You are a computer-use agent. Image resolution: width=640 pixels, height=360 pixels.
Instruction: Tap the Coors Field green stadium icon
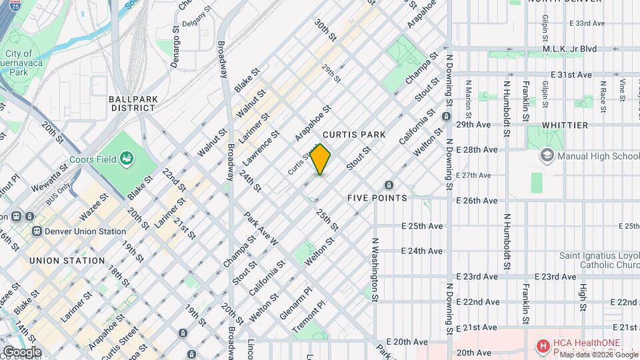click(x=125, y=159)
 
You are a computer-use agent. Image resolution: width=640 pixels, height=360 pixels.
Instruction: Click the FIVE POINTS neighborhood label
click(x=377, y=198)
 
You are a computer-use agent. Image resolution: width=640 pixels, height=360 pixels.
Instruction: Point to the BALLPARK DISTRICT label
click(x=133, y=103)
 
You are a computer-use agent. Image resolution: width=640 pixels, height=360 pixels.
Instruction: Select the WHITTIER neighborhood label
click(x=565, y=125)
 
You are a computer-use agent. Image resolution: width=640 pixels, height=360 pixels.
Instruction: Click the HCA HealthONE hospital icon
click(x=543, y=346)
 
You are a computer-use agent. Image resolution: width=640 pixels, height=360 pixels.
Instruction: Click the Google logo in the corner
click(x=21, y=352)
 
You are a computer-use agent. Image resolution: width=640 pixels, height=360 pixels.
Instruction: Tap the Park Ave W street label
click(x=261, y=229)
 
